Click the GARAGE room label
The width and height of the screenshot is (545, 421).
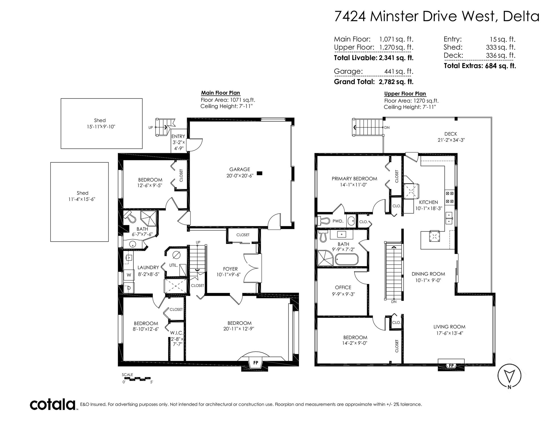(240, 169)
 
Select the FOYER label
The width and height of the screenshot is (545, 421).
(230, 269)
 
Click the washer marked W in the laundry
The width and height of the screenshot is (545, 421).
(129, 275)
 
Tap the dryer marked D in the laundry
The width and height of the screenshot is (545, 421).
(129, 288)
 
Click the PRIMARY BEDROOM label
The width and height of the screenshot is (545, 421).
(354, 178)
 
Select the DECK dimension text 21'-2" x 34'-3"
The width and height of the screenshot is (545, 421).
(451, 140)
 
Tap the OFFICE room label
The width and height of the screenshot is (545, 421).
(343, 287)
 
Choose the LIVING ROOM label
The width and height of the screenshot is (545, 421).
(449, 327)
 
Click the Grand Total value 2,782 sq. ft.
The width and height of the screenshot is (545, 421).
(396, 82)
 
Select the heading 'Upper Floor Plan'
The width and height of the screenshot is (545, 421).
(405, 94)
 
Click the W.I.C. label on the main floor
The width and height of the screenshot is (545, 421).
(177, 332)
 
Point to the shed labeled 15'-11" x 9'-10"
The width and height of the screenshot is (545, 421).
(101, 123)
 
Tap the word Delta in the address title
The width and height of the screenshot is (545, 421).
(521, 16)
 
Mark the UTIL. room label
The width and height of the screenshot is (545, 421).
(173, 266)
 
